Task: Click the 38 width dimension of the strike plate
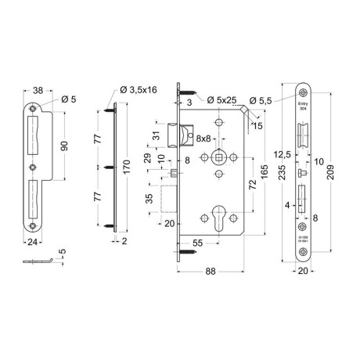click(38, 89)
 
